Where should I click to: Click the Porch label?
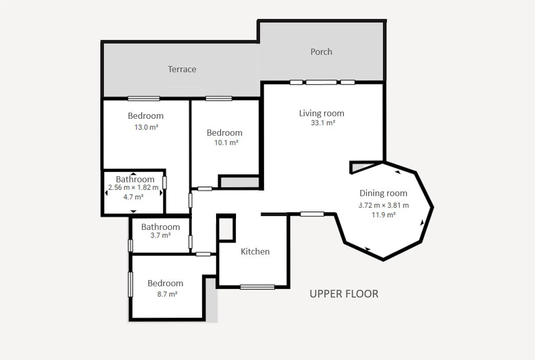coord(321,52)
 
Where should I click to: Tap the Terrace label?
coord(182,69)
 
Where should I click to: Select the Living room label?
coord(322,113)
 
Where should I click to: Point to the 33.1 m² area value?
coord(323,123)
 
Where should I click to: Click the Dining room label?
coord(383,193)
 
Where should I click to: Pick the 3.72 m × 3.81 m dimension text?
coord(383,205)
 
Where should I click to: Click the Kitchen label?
coord(255,251)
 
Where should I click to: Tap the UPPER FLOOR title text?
coord(344,294)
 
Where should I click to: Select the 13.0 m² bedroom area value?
coord(146,128)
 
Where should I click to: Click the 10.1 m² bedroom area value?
coord(226,143)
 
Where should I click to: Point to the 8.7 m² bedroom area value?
coord(167,294)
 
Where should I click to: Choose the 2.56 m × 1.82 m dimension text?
coord(133,187)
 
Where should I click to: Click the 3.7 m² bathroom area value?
coord(160,236)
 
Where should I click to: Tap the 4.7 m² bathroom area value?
coord(133,197)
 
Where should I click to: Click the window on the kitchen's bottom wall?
coord(258,287)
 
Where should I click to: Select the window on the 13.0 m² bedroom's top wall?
coord(144,99)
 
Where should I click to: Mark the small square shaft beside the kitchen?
coord(226,228)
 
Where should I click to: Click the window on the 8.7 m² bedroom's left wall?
coord(130,284)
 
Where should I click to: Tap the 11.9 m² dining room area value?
coord(383,215)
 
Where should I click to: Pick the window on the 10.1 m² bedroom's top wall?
coord(219,99)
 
